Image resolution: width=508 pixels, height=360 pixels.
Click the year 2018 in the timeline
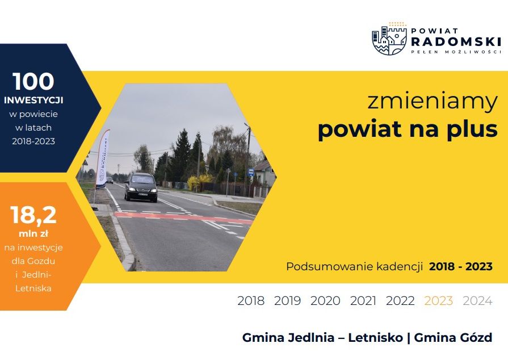pos(251,301)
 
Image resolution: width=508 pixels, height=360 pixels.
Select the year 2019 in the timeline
pos(287,301)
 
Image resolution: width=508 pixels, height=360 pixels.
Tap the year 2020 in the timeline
pos(325,301)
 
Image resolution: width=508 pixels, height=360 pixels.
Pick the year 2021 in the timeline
pos(363,301)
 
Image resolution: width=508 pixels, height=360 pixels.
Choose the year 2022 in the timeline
pos(400,301)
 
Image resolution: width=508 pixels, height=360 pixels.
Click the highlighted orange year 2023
pos(438,301)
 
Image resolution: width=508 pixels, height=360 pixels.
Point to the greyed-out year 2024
pos(477,301)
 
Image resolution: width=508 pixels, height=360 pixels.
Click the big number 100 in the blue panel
pos(33,81)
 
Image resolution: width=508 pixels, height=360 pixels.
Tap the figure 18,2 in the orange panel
pos(33,215)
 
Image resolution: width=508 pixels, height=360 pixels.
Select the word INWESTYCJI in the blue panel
pos(33,100)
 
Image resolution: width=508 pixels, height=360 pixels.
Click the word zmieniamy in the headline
pos(432,102)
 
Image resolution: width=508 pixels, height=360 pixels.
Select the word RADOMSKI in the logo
pos(456,41)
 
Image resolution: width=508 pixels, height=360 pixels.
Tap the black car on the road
pos(141,187)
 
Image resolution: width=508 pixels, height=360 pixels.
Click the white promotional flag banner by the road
pos(102,160)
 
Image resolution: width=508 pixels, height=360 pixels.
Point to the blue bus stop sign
pos(251,172)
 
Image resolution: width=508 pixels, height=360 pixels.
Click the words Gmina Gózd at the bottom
pos(454,338)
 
